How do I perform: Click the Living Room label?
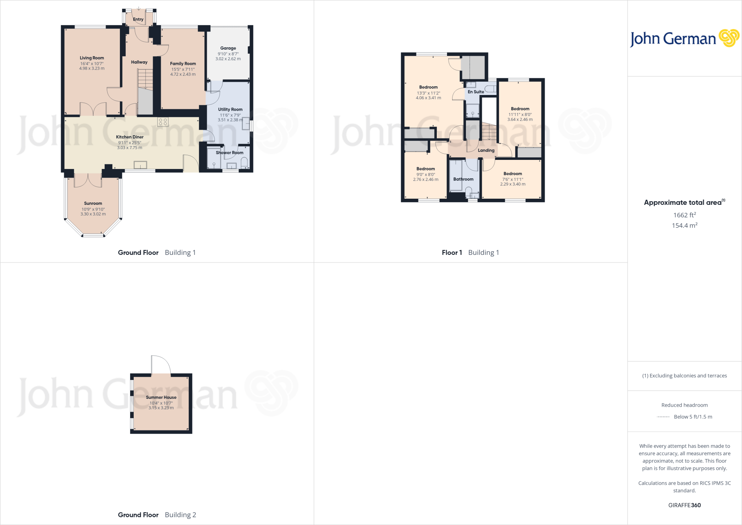click(92, 58)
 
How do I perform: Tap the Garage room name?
click(228, 48)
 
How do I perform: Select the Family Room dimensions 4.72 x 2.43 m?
click(183, 74)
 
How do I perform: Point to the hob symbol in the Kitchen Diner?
click(163, 122)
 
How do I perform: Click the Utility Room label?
click(230, 109)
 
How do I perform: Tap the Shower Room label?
click(229, 153)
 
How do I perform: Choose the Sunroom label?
click(93, 203)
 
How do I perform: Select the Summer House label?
click(161, 397)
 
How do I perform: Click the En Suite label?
click(476, 92)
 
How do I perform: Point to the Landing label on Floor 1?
click(486, 150)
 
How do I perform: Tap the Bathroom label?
click(463, 179)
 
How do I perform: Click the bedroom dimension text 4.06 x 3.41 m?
click(429, 98)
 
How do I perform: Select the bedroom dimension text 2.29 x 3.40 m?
click(513, 184)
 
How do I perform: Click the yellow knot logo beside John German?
click(729, 38)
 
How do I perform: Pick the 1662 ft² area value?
click(684, 215)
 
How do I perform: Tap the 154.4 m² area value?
click(684, 226)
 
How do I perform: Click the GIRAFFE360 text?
click(684, 505)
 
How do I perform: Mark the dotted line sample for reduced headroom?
click(663, 417)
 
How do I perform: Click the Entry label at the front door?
click(138, 20)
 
